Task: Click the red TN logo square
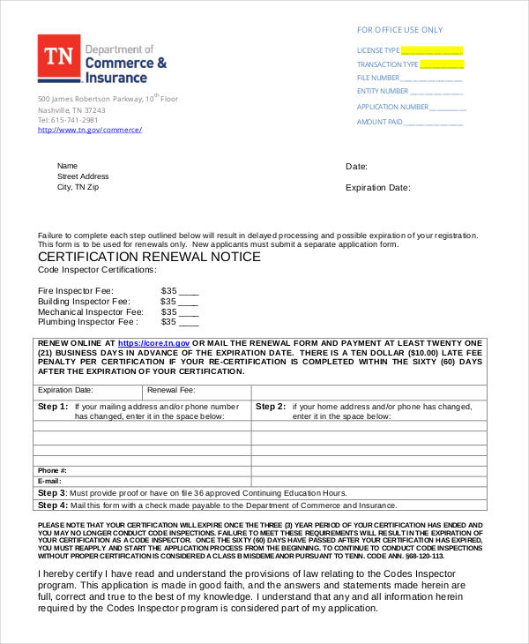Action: click(58, 56)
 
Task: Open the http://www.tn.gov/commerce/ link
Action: click(89, 130)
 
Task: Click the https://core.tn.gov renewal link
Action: click(153, 342)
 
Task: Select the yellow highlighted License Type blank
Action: click(432, 50)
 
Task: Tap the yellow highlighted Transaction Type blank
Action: click(442, 64)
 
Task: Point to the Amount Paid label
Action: click(379, 122)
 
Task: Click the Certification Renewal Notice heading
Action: click(149, 257)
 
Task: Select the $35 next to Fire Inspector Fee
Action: click(169, 290)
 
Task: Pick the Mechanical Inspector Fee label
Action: click(90, 311)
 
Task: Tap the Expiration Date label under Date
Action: click(377, 187)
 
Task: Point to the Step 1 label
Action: click(52, 407)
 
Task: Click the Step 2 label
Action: click(270, 407)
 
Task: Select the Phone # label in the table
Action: click(52, 470)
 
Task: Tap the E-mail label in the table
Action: click(50, 481)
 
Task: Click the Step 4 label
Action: click(52, 505)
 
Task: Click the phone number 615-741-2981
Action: click(75, 120)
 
